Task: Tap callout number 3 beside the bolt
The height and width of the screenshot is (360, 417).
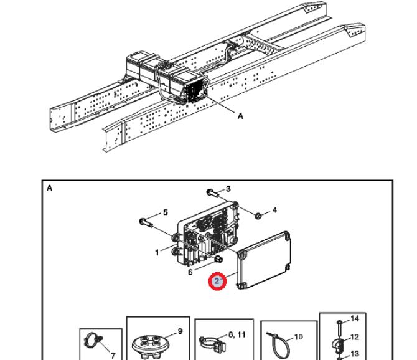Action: (x=228, y=189)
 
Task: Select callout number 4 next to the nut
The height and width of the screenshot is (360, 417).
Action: (x=274, y=209)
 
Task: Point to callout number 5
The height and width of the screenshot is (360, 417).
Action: (x=165, y=212)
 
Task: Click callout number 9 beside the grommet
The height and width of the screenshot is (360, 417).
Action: (x=181, y=331)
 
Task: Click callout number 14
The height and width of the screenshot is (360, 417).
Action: (x=356, y=319)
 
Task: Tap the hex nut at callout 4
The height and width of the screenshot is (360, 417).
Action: (x=256, y=216)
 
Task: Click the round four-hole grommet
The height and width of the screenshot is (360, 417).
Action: (x=148, y=343)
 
